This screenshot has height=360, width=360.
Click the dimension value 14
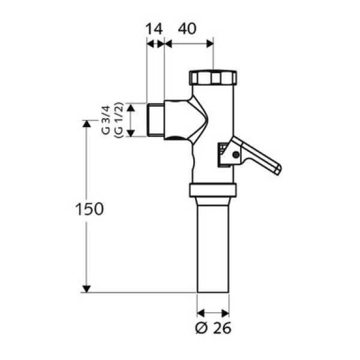[x=154, y=29]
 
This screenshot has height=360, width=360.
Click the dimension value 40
[x=187, y=28]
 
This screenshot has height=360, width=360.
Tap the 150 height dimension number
[x=89, y=209]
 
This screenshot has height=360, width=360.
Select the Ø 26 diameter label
[x=213, y=328]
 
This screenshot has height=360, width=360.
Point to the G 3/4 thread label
[x=106, y=120]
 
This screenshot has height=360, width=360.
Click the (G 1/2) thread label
[x=119, y=120]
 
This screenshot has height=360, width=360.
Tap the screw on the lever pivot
[x=236, y=155]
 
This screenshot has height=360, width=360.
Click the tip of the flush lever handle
[x=279, y=170]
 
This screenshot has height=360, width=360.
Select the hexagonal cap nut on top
[x=213, y=77]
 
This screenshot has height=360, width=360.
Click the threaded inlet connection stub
[x=155, y=120]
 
